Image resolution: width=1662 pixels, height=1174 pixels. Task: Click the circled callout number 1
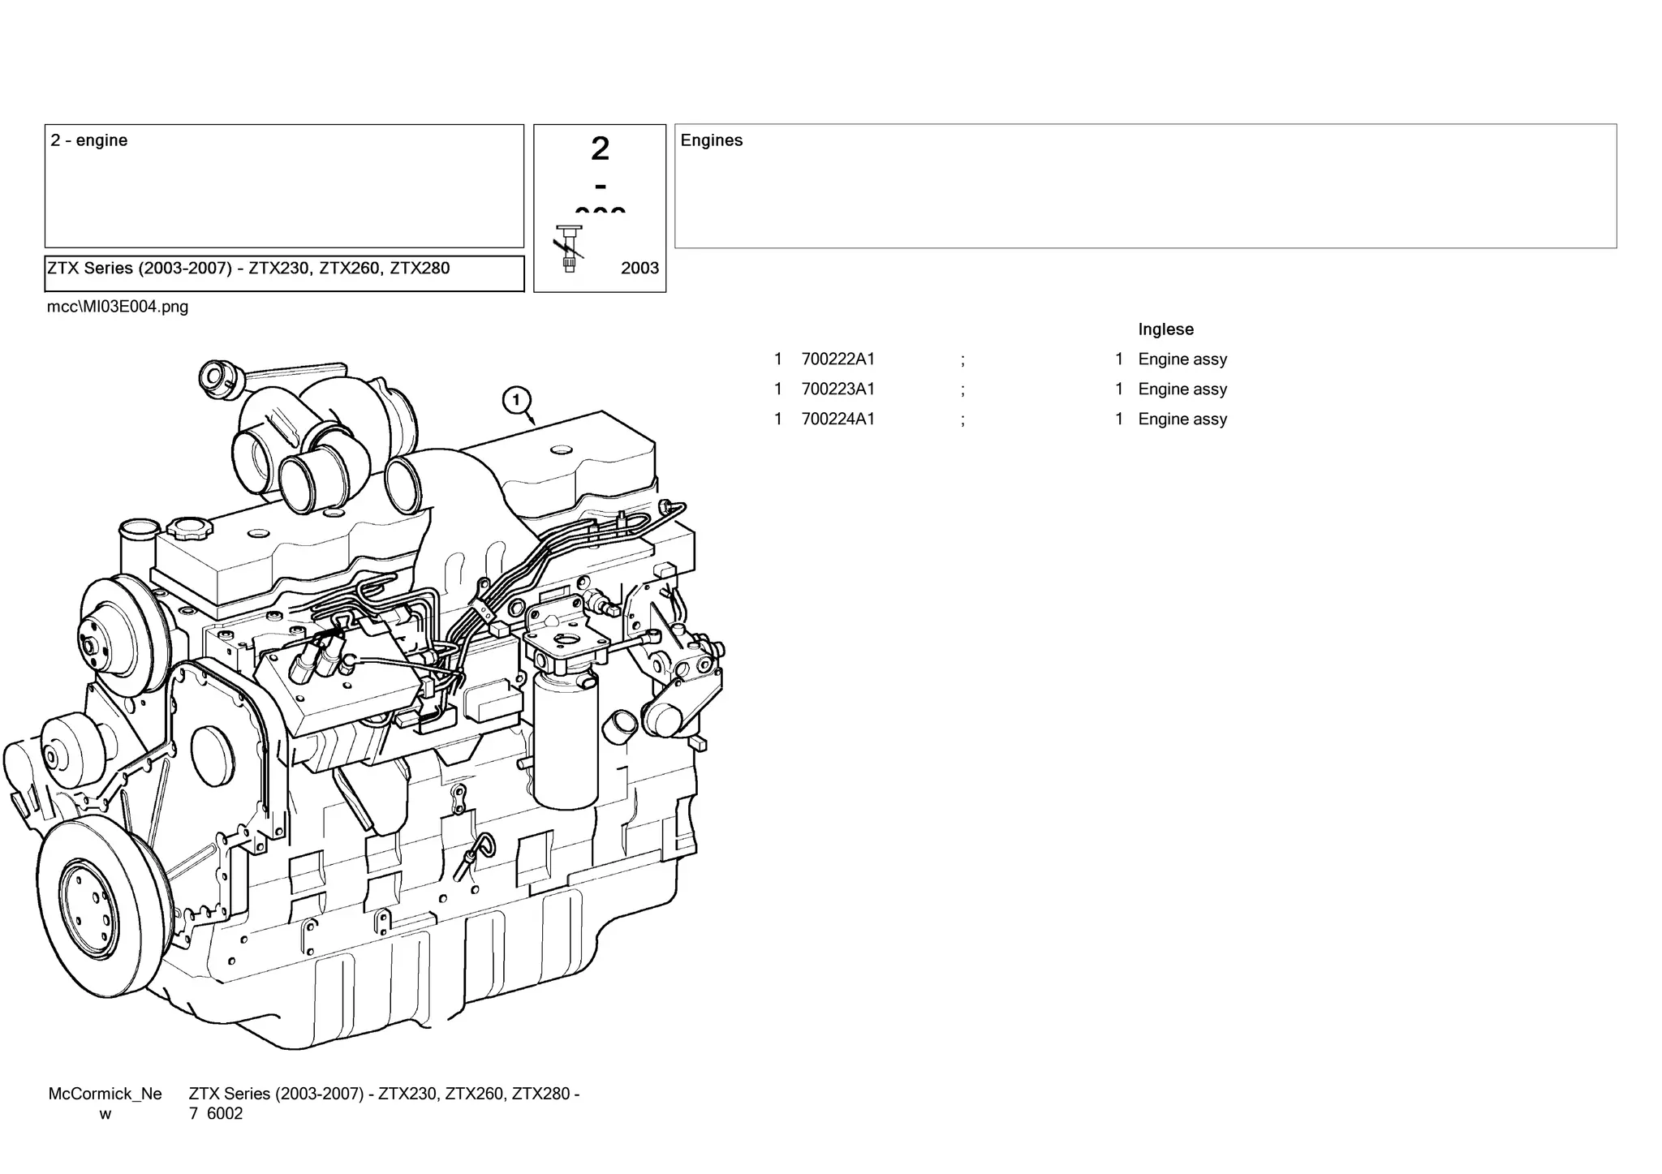click(516, 400)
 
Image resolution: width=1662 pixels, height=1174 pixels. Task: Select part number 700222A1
click(837, 359)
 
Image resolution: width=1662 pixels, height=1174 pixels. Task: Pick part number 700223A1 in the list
click(837, 389)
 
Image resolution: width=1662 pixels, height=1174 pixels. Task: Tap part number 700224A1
click(837, 419)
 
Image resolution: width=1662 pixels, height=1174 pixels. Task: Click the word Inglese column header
click(1165, 329)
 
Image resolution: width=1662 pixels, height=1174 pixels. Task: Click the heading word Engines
click(711, 140)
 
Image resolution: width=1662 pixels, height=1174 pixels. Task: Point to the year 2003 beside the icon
click(639, 269)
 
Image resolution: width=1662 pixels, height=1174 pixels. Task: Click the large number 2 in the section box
click(600, 149)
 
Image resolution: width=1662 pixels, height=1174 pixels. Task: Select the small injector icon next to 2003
click(569, 248)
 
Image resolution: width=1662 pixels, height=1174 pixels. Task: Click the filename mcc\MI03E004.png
click(118, 307)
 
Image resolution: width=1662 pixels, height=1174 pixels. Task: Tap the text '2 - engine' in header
click(89, 140)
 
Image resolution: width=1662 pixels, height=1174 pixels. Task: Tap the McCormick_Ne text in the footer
click(105, 1094)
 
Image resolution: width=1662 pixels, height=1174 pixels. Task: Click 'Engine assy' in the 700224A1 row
click(1182, 419)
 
